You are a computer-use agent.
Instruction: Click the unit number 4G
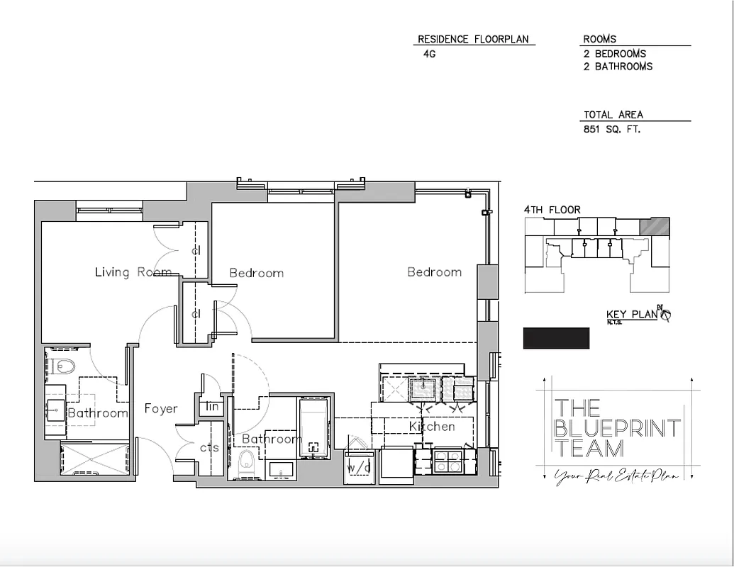429,52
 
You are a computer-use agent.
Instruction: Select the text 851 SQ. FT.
612,129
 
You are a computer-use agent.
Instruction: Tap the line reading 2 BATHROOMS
618,66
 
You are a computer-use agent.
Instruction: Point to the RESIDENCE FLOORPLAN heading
473,39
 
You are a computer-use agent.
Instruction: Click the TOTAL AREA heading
613,114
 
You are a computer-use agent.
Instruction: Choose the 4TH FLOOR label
552,210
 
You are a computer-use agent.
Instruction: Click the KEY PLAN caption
631,315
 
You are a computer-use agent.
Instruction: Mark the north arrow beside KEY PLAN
665,314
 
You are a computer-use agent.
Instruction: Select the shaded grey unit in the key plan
655,226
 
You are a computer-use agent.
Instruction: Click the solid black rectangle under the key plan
556,338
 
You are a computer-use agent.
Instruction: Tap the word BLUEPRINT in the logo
617,428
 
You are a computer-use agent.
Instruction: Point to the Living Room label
133,272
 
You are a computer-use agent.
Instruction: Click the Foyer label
161,408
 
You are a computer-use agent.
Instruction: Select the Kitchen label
432,427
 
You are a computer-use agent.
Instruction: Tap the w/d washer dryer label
358,468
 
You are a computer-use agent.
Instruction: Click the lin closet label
211,407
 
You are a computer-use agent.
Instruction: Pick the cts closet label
209,448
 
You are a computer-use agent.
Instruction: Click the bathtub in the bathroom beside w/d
314,429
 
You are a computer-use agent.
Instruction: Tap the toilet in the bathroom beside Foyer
63,366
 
